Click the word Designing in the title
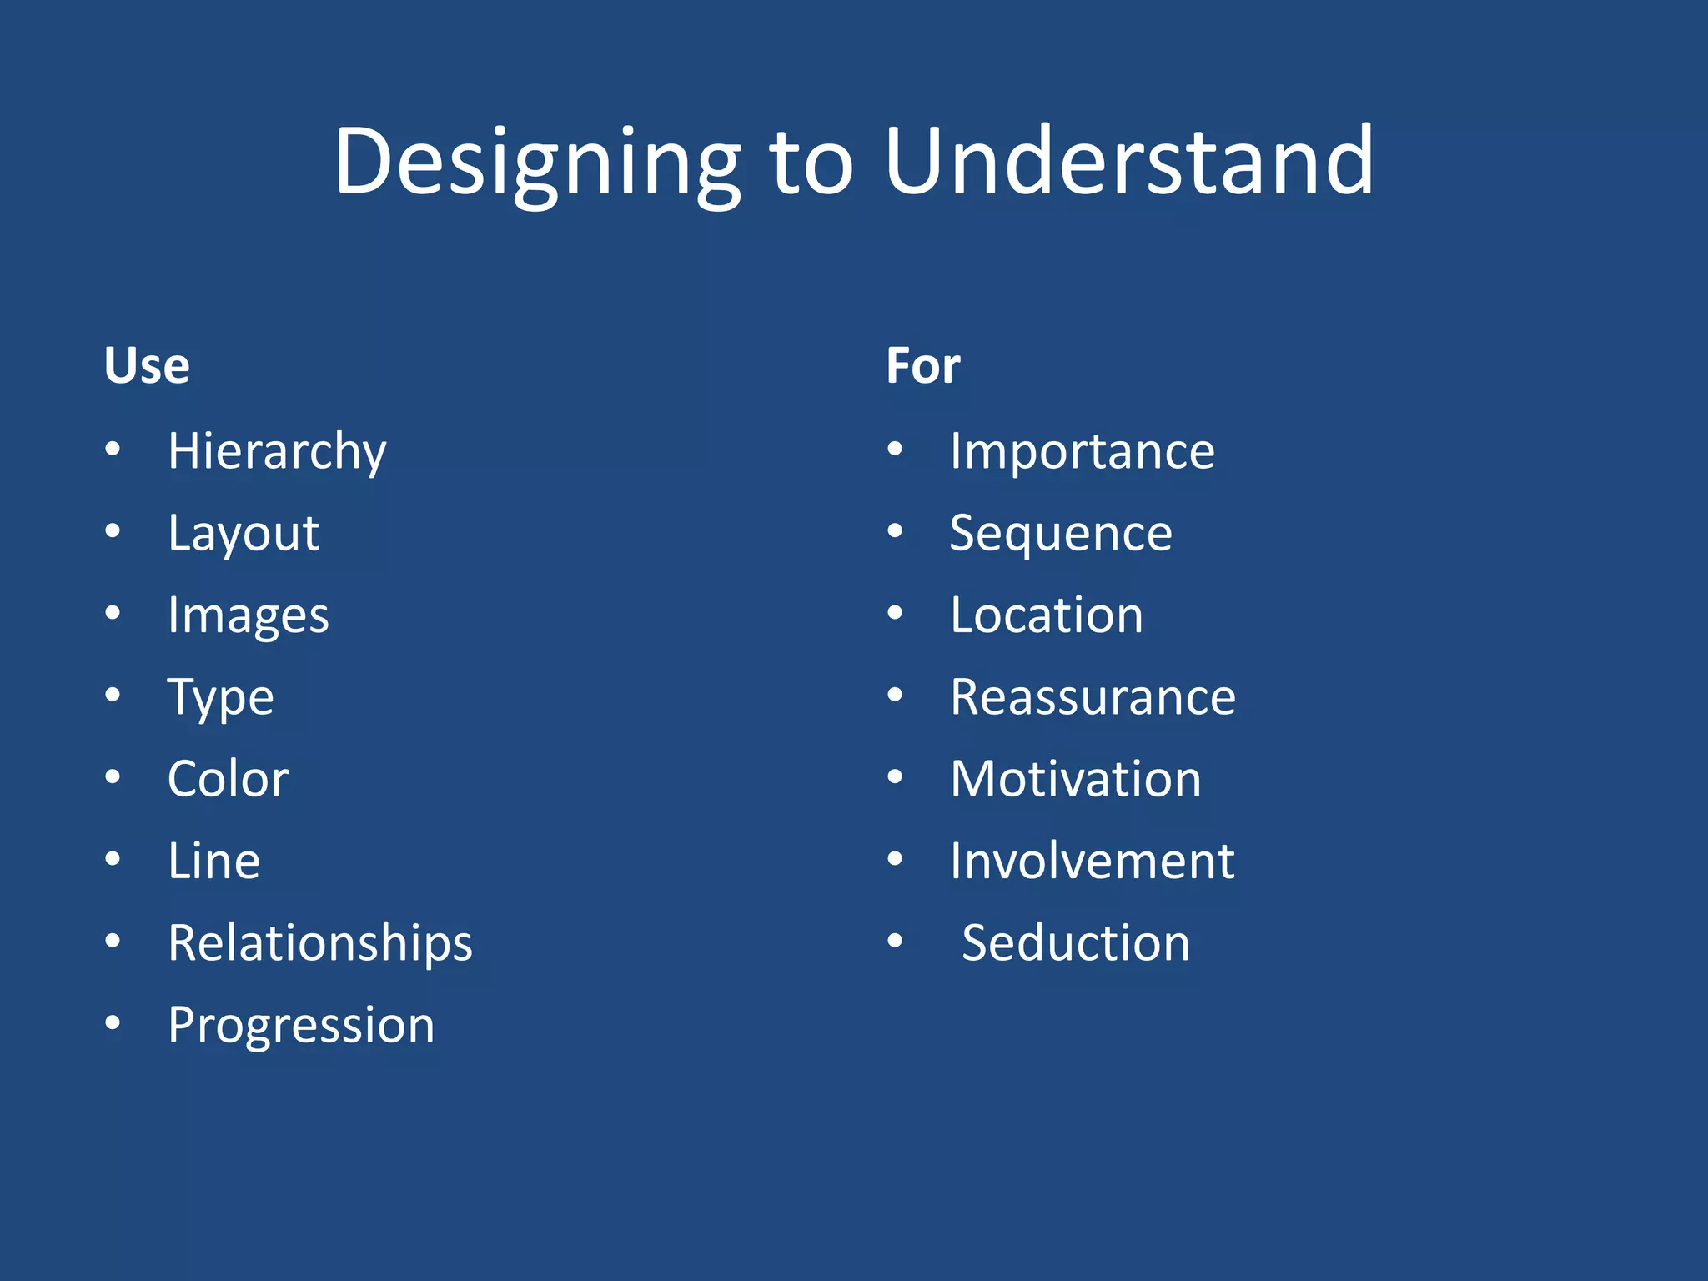[536, 163]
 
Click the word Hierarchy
[277, 451]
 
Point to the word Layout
[243, 533]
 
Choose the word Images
[248, 615]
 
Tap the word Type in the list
[220, 697]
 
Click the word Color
[228, 779]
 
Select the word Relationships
[320, 943]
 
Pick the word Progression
[301, 1025]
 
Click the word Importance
[1082, 451]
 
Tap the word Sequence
[1060, 533]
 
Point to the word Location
[1046, 615]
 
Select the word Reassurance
[1093, 697]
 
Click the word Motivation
[1075, 779]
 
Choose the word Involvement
[1092, 861]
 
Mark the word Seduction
[1075, 943]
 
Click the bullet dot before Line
[113, 859]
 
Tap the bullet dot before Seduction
[895, 941]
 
